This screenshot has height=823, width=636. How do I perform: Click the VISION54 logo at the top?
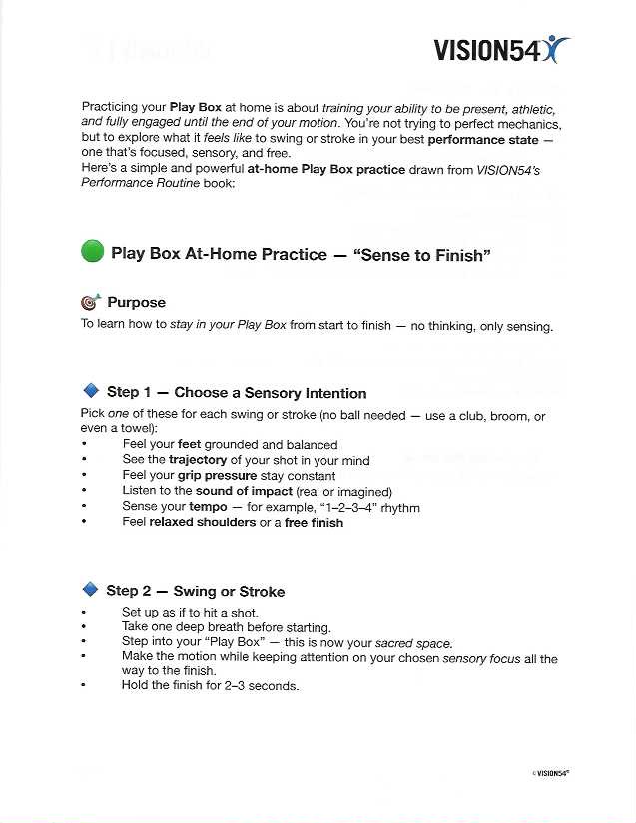click(x=501, y=49)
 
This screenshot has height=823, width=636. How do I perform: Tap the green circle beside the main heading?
click(x=92, y=253)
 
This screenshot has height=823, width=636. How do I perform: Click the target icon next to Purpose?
click(x=91, y=302)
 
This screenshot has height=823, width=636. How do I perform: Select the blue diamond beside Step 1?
click(x=91, y=391)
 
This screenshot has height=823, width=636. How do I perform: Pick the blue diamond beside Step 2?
click(x=91, y=589)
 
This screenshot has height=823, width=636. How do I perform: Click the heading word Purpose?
click(x=136, y=302)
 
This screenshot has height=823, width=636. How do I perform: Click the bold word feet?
click(x=190, y=444)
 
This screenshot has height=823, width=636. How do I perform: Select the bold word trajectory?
click(x=198, y=460)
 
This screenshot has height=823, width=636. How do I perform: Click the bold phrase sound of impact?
click(x=243, y=492)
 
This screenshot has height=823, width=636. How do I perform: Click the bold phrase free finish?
click(x=314, y=522)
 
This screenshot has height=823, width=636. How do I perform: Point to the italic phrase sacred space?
click(x=413, y=643)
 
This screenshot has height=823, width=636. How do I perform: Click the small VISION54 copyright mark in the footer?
click(x=558, y=773)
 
